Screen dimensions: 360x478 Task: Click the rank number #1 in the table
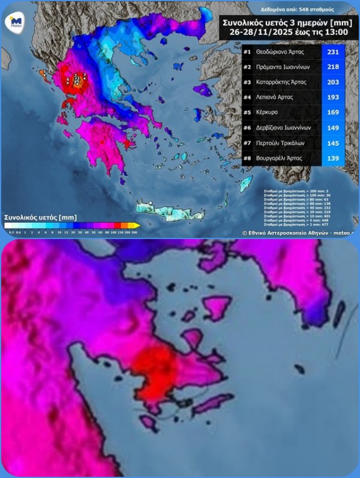[x=247, y=52]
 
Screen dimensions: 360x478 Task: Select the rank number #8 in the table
[x=247, y=157]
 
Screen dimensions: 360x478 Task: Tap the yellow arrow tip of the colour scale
[x=137, y=226]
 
